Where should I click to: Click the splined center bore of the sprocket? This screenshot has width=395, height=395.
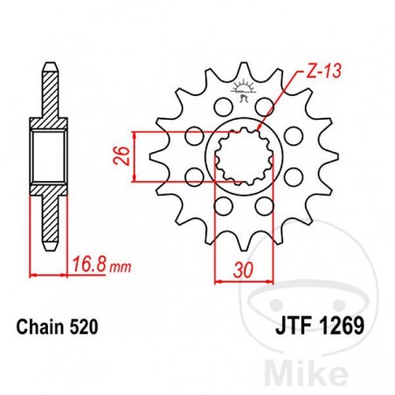[238, 156]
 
